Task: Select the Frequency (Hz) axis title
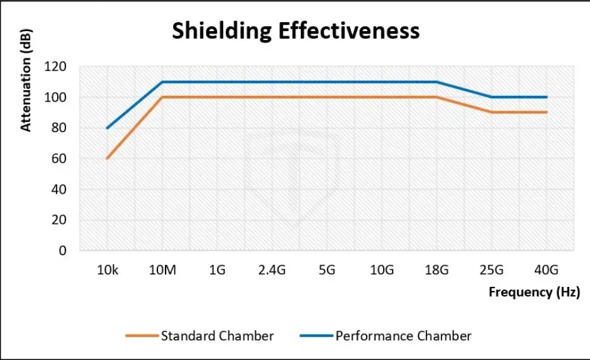point(534,292)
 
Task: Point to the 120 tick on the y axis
point(55,67)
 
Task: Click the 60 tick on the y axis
point(59,159)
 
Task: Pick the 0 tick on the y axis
point(63,251)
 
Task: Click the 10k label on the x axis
point(107,270)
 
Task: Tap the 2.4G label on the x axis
point(272,270)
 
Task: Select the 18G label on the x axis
point(436,270)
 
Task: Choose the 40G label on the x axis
point(546,270)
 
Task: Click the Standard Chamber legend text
point(217,335)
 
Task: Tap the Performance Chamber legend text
point(403,335)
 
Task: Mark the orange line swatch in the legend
point(141,335)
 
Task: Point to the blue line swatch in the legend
point(316,335)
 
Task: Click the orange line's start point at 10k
point(107,159)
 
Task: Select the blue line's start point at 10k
point(107,128)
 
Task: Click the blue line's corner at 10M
point(162,82)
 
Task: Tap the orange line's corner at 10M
point(162,97)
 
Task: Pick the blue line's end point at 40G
point(546,97)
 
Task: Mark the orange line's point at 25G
point(492,112)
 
